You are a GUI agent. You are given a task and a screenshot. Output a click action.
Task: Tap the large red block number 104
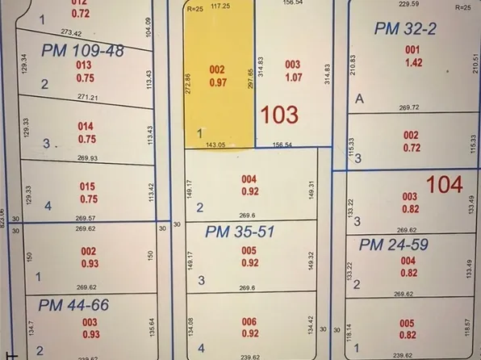tap(444, 185)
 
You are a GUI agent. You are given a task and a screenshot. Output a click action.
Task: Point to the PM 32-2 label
tap(405, 29)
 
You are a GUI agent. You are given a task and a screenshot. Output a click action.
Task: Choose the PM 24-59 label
tap(394, 245)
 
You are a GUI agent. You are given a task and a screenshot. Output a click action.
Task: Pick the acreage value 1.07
tap(292, 78)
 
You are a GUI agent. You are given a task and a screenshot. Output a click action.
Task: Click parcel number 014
tap(86, 126)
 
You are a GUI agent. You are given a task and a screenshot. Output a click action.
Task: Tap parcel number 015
tap(88, 186)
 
